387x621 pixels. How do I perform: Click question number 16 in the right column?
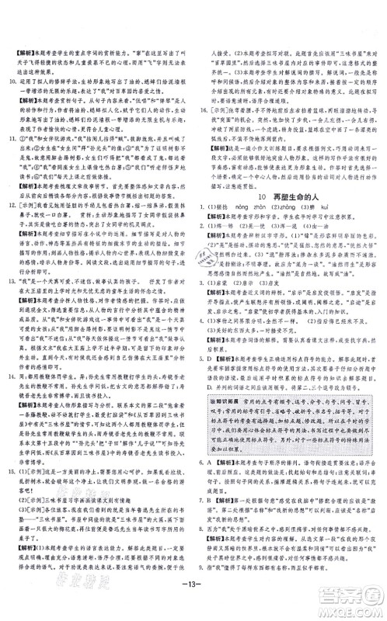click(x=207, y=110)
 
